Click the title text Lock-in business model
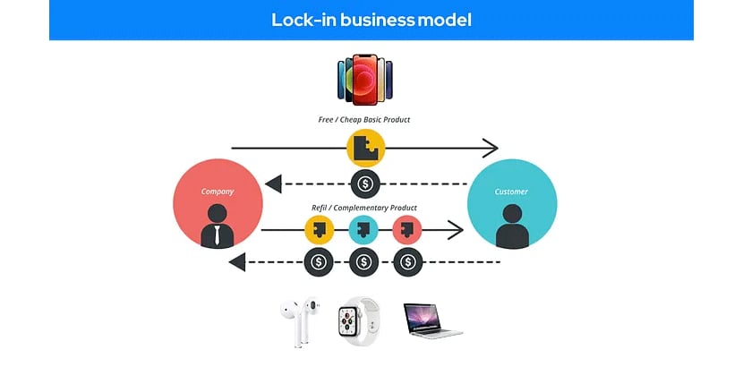click(x=371, y=20)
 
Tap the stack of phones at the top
click(x=366, y=81)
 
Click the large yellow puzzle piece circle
click(x=365, y=149)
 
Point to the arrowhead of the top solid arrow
click(x=490, y=148)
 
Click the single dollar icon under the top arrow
click(x=365, y=185)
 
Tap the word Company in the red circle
click(x=218, y=191)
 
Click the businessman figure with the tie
click(x=218, y=226)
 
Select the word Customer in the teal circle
click(x=511, y=192)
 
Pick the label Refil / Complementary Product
click(x=365, y=208)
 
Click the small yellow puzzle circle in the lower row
click(x=320, y=231)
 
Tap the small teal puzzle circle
click(x=363, y=231)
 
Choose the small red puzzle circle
click(x=407, y=231)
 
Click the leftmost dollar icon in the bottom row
click(x=320, y=262)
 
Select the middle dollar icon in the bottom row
click(x=363, y=262)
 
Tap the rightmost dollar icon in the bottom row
click(x=408, y=262)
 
